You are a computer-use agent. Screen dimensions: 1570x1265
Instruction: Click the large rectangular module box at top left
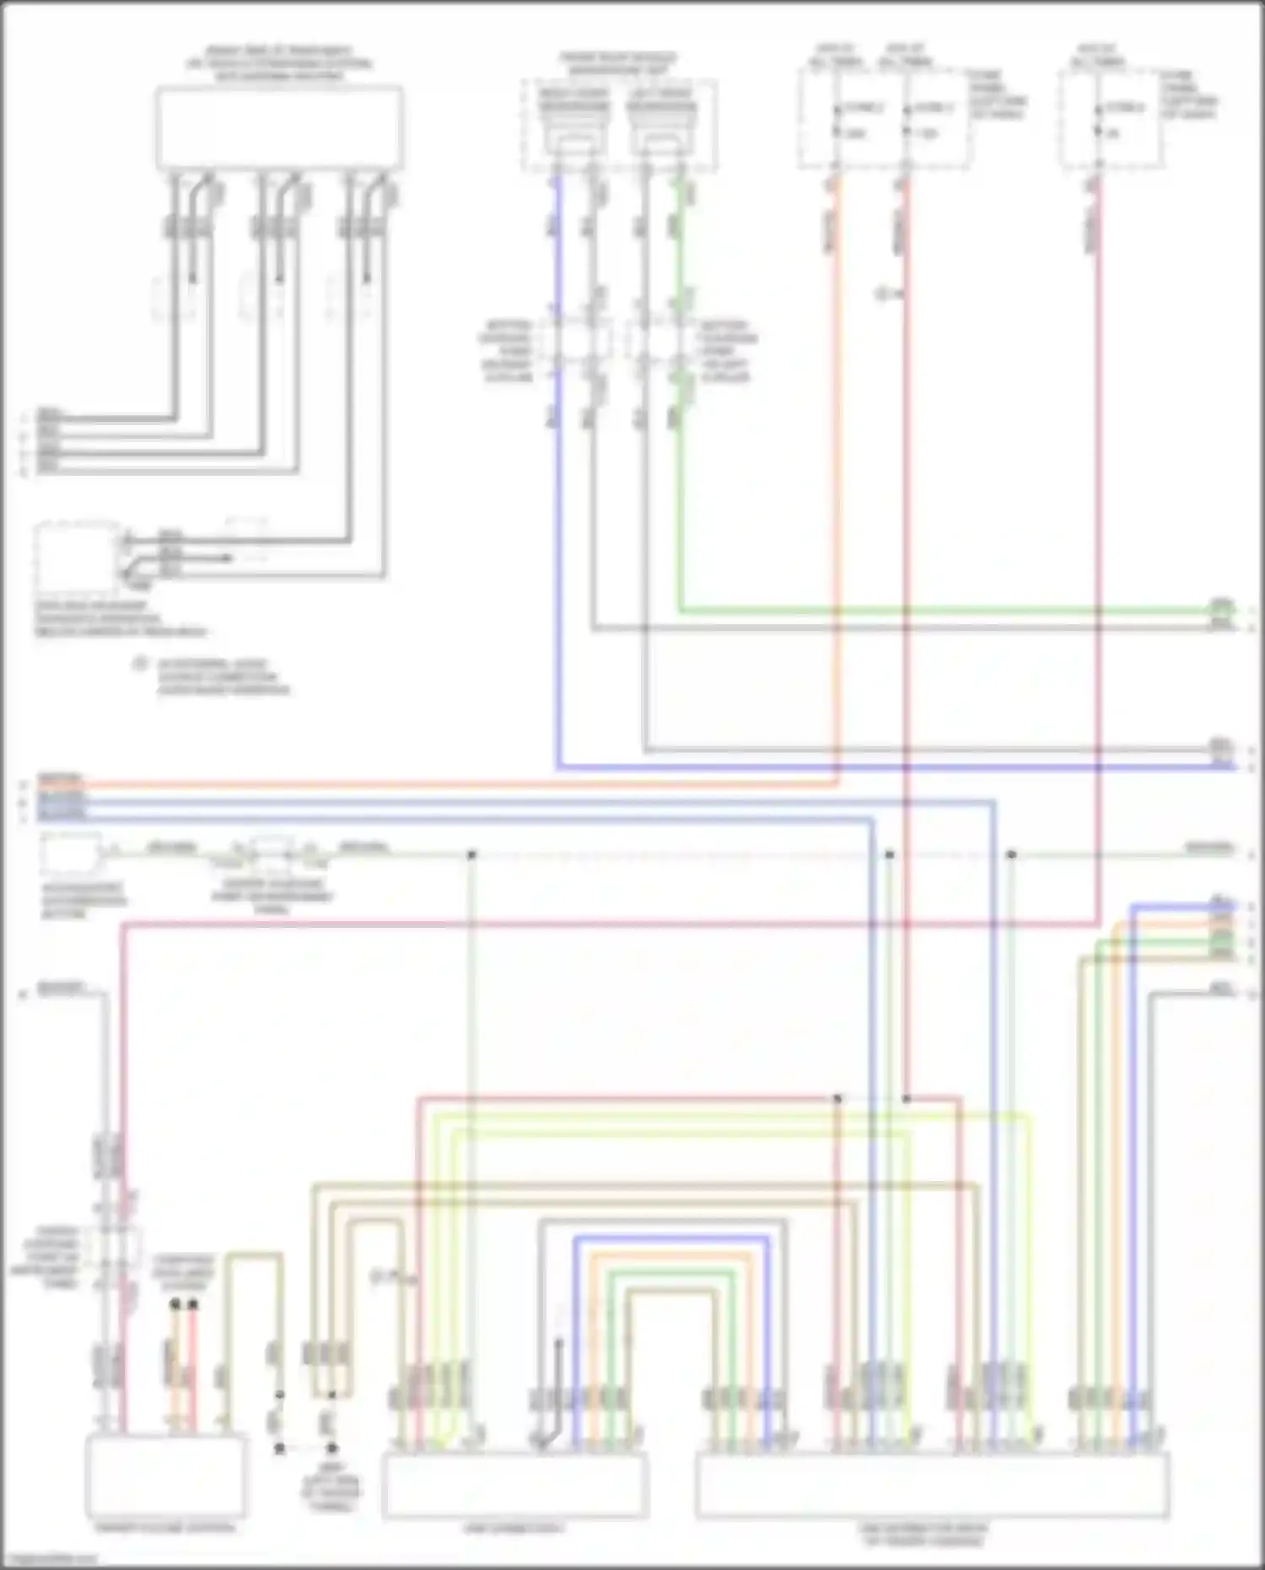278,128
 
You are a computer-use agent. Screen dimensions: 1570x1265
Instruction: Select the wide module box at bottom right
932,1486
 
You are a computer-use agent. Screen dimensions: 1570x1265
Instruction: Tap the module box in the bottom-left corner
166,1476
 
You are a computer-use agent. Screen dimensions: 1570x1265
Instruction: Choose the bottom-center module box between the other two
514,1485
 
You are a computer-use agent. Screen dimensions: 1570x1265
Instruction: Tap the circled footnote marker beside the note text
140,665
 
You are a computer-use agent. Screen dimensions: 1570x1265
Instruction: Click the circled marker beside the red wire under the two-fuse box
884,294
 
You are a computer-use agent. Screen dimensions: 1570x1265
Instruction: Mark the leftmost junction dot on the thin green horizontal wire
472,855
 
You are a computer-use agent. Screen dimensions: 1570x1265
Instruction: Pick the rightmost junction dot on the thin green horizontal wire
1012,855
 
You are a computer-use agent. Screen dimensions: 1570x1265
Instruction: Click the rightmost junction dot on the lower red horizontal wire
907,1098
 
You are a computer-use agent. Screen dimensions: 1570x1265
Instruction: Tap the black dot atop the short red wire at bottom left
193,1304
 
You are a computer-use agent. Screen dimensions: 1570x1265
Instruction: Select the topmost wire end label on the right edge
1222,606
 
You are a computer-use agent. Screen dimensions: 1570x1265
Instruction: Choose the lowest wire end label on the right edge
1222,989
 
